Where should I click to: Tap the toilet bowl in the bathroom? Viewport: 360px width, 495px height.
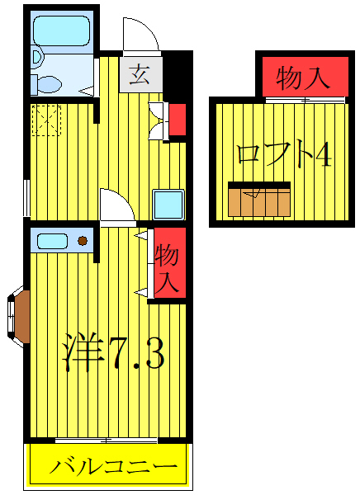pyautogui.click(x=47, y=82)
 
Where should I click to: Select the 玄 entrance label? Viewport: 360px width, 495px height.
pyautogui.click(x=139, y=76)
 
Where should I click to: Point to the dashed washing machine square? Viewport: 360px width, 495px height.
pyautogui.click(x=45, y=120)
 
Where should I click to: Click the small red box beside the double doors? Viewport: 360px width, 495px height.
pyautogui.click(x=178, y=120)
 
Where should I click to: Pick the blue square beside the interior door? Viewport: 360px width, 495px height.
pyautogui.click(x=167, y=204)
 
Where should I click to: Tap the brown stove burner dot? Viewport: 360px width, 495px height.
pyautogui.click(x=83, y=241)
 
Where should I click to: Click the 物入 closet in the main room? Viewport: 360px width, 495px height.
pyautogui.click(x=168, y=266)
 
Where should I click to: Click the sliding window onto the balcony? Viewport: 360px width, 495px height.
pyautogui.click(x=107, y=440)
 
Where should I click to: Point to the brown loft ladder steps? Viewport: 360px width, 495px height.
pyautogui.click(x=259, y=200)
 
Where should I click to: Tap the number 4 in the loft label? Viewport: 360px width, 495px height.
pyautogui.click(x=323, y=155)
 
